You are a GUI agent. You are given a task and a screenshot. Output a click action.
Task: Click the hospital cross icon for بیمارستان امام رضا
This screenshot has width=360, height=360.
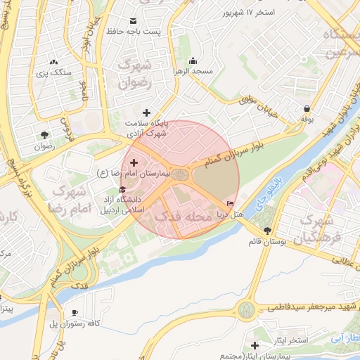[134, 162]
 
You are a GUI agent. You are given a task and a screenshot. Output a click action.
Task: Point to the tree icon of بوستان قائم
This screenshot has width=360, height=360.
[266, 231]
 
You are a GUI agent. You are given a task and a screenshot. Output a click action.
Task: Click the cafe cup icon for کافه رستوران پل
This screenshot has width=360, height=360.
[75, 312]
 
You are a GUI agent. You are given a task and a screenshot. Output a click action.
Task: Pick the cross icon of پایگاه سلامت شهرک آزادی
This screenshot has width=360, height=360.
[146, 112]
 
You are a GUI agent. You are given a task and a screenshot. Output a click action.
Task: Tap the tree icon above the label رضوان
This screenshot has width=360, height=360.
[45, 135]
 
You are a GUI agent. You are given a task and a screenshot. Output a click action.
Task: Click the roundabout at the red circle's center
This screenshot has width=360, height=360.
[181, 174]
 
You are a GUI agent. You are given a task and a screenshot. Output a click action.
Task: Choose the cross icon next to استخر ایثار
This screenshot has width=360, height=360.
[255, 345]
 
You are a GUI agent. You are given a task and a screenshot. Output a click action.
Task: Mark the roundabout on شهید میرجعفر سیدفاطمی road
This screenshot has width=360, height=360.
[247, 308]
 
